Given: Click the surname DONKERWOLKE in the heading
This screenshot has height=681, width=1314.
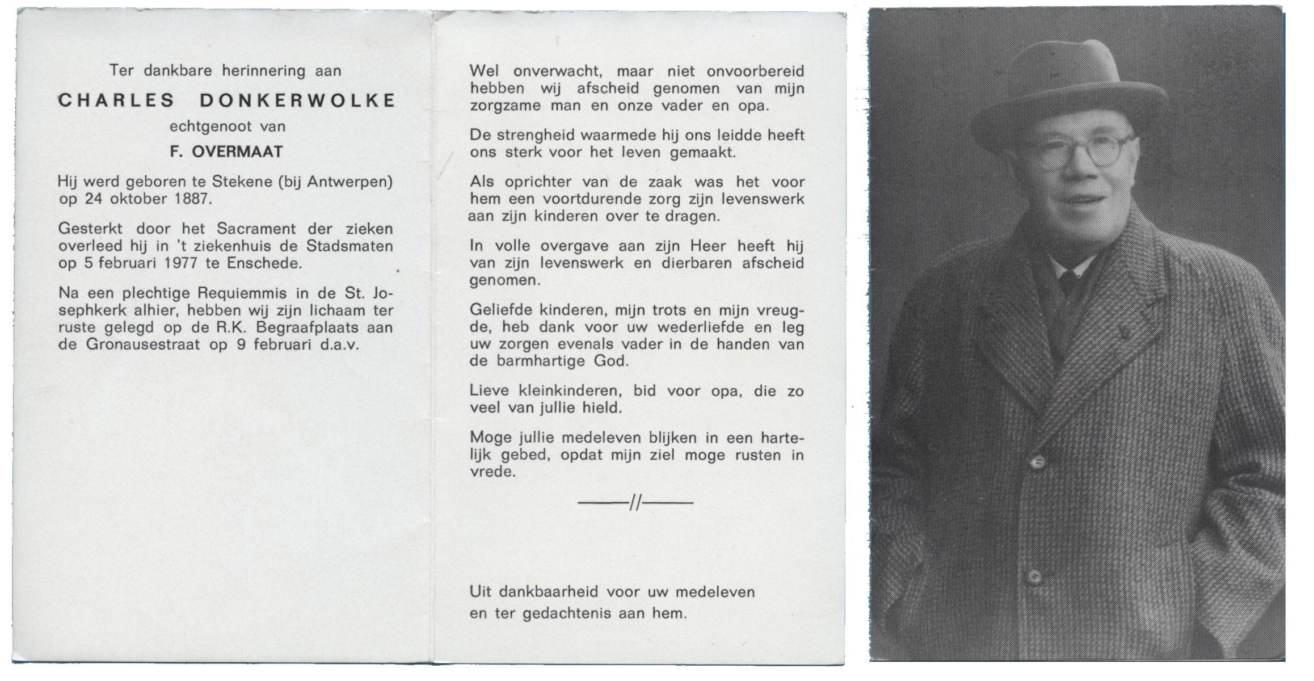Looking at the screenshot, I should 297,100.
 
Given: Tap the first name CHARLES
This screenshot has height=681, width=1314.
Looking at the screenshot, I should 117,100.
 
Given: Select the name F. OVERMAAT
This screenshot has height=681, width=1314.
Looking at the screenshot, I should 226,152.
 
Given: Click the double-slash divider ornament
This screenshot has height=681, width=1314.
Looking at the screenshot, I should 635,503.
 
